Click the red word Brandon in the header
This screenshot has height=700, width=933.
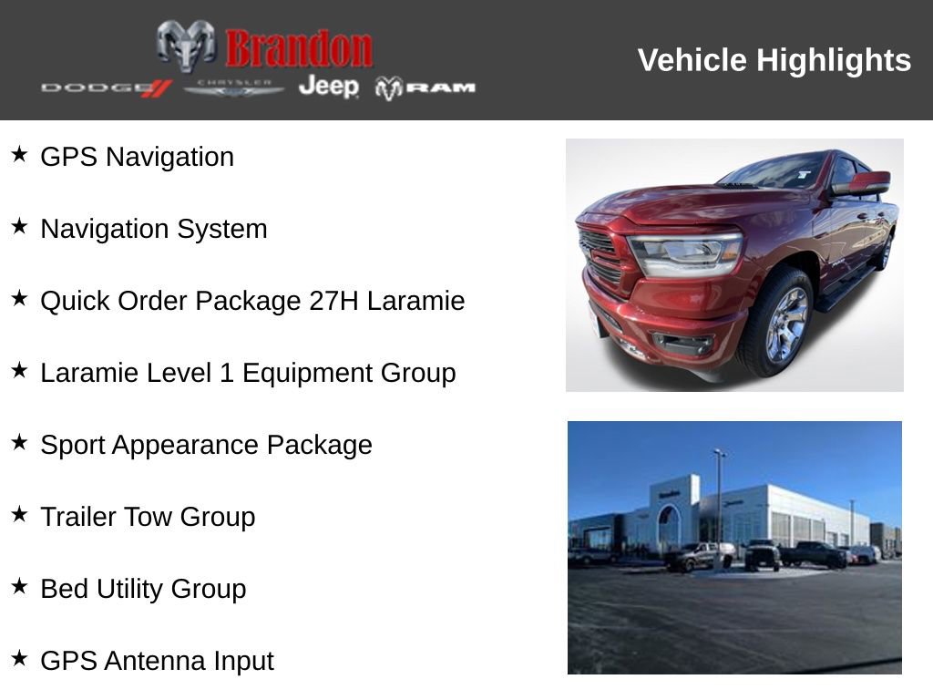299,48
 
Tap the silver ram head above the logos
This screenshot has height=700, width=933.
186,45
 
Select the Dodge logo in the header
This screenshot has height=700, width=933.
106,87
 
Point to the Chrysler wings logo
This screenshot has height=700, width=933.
234,87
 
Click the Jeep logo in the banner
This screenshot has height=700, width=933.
328,87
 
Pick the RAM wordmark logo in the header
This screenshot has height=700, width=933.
425,87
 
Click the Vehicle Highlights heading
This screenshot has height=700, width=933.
774,60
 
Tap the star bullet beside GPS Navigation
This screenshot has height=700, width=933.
19,154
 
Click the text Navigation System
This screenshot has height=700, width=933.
154,229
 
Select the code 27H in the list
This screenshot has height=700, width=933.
334,301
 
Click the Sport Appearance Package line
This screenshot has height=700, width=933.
206,445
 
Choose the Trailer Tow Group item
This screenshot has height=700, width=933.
148,517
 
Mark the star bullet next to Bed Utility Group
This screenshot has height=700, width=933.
19,586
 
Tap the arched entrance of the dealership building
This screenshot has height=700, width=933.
669,529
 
